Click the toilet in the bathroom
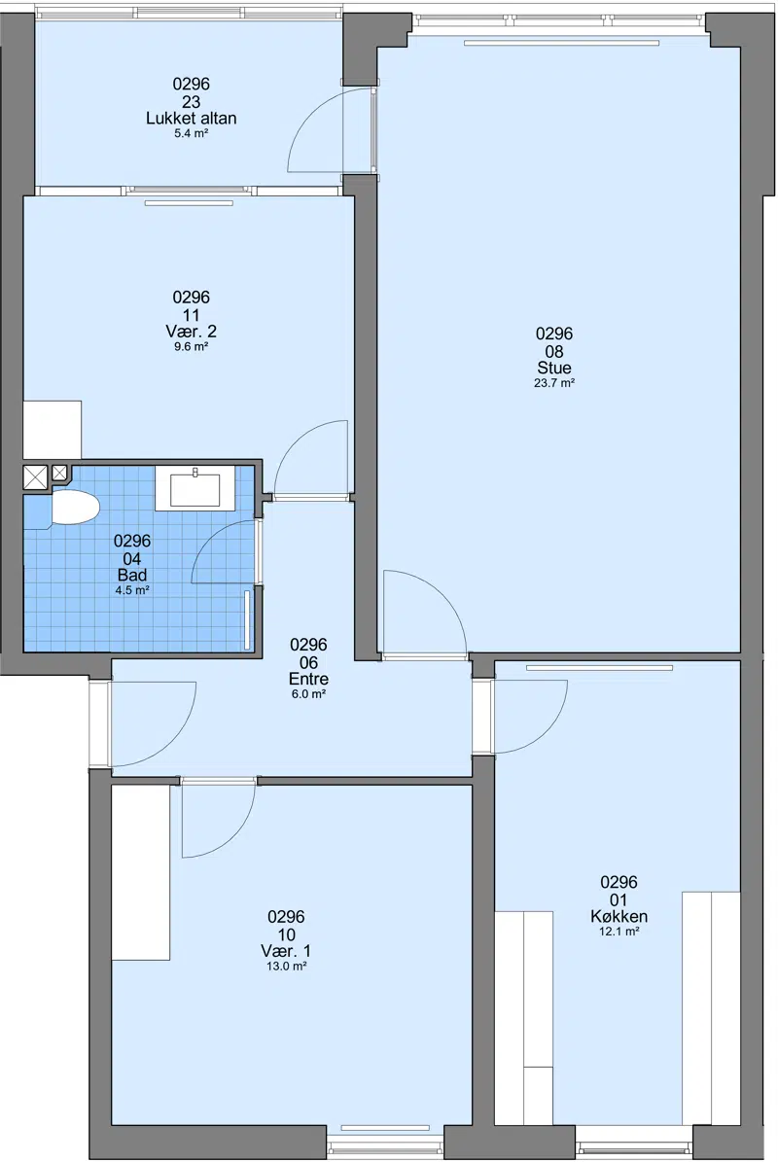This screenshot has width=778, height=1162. (73, 508)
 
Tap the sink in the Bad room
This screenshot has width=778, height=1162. (194, 488)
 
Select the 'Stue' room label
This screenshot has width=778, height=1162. (554, 369)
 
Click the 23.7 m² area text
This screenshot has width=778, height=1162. (554, 383)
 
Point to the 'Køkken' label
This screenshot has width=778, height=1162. (619, 917)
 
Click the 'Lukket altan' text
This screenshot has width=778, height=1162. (192, 119)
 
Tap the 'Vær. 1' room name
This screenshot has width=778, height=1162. (286, 952)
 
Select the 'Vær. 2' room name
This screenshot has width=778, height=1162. (192, 332)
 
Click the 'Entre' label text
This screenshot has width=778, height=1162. (308, 679)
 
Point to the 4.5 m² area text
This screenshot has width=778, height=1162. (132, 590)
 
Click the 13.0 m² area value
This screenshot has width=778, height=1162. (286, 967)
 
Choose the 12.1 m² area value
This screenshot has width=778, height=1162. (619, 932)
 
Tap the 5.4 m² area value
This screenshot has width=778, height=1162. (192, 133)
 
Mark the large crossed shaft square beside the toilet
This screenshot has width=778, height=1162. (36, 476)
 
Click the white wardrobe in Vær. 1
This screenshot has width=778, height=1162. (141, 872)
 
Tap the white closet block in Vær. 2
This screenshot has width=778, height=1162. (52, 430)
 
